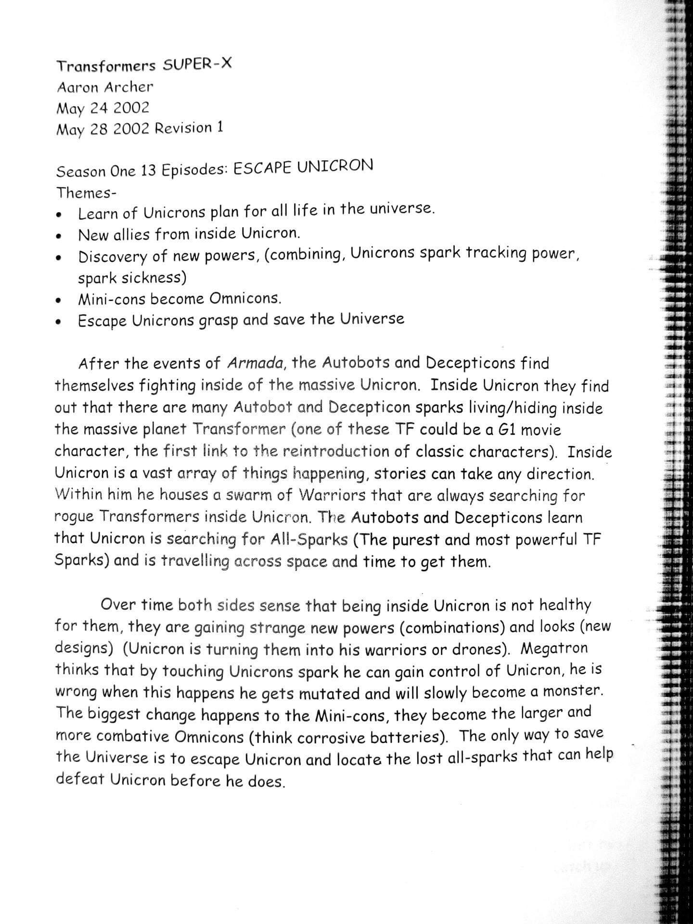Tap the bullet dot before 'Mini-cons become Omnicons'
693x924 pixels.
coord(59,302)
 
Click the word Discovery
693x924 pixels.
coord(113,257)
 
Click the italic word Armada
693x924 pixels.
coord(254,363)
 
